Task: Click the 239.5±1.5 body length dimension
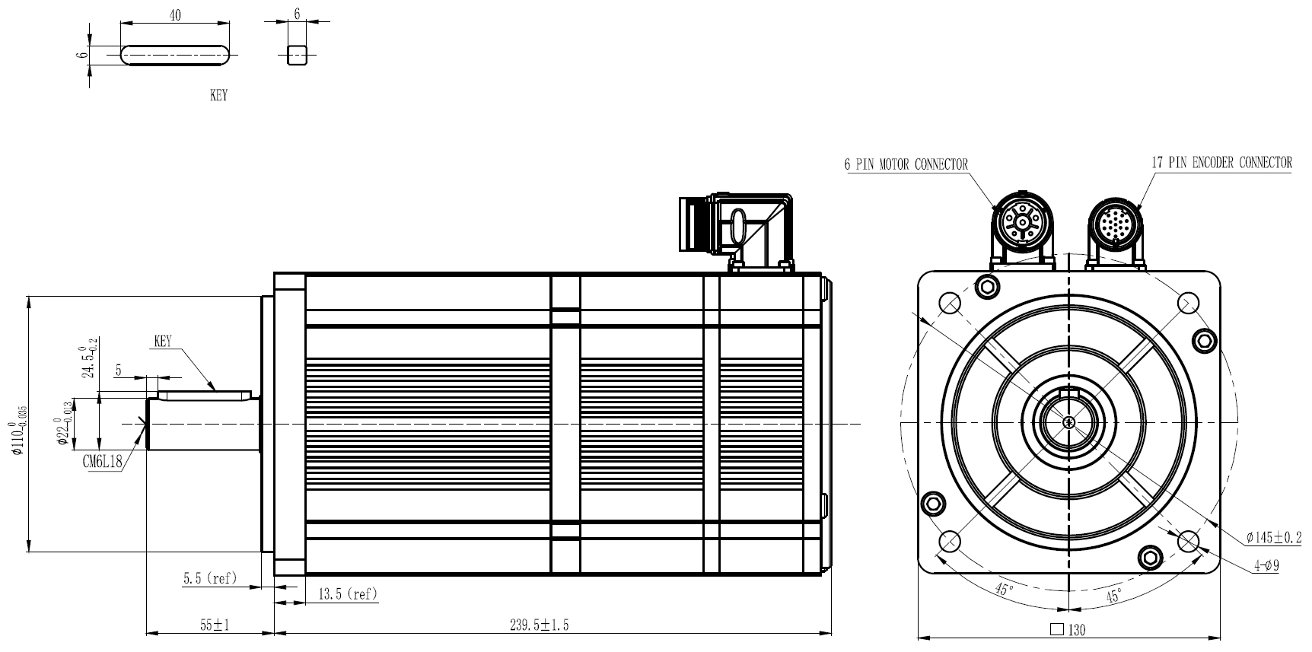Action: [x=539, y=625]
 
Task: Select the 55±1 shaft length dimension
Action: [x=215, y=625]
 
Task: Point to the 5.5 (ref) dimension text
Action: [x=210, y=578]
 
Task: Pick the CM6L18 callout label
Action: [x=103, y=463]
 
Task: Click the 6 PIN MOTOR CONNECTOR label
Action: [x=906, y=164]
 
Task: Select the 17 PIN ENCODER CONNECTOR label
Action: [x=1221, y=162]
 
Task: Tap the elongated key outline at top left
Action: [x=175, y=56]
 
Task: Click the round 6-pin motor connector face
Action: [x=1023, y=222]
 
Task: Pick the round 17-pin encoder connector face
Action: [x=1114, y=222]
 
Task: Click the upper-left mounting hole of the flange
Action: [x=950, y=303]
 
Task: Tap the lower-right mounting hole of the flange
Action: [x=1188, y=541]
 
